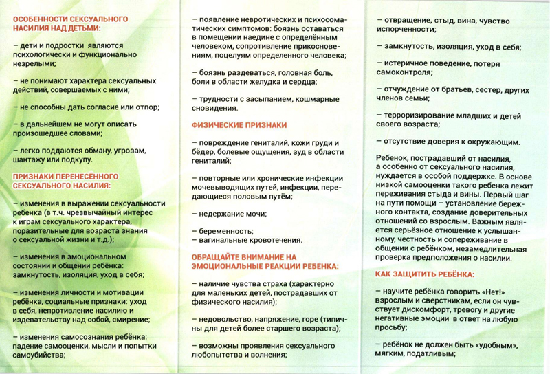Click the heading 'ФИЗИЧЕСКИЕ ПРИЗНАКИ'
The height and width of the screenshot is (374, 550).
(239, 125)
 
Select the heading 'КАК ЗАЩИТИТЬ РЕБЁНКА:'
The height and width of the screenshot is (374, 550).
(425, 274)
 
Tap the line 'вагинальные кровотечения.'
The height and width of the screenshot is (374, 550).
(250, 240)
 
